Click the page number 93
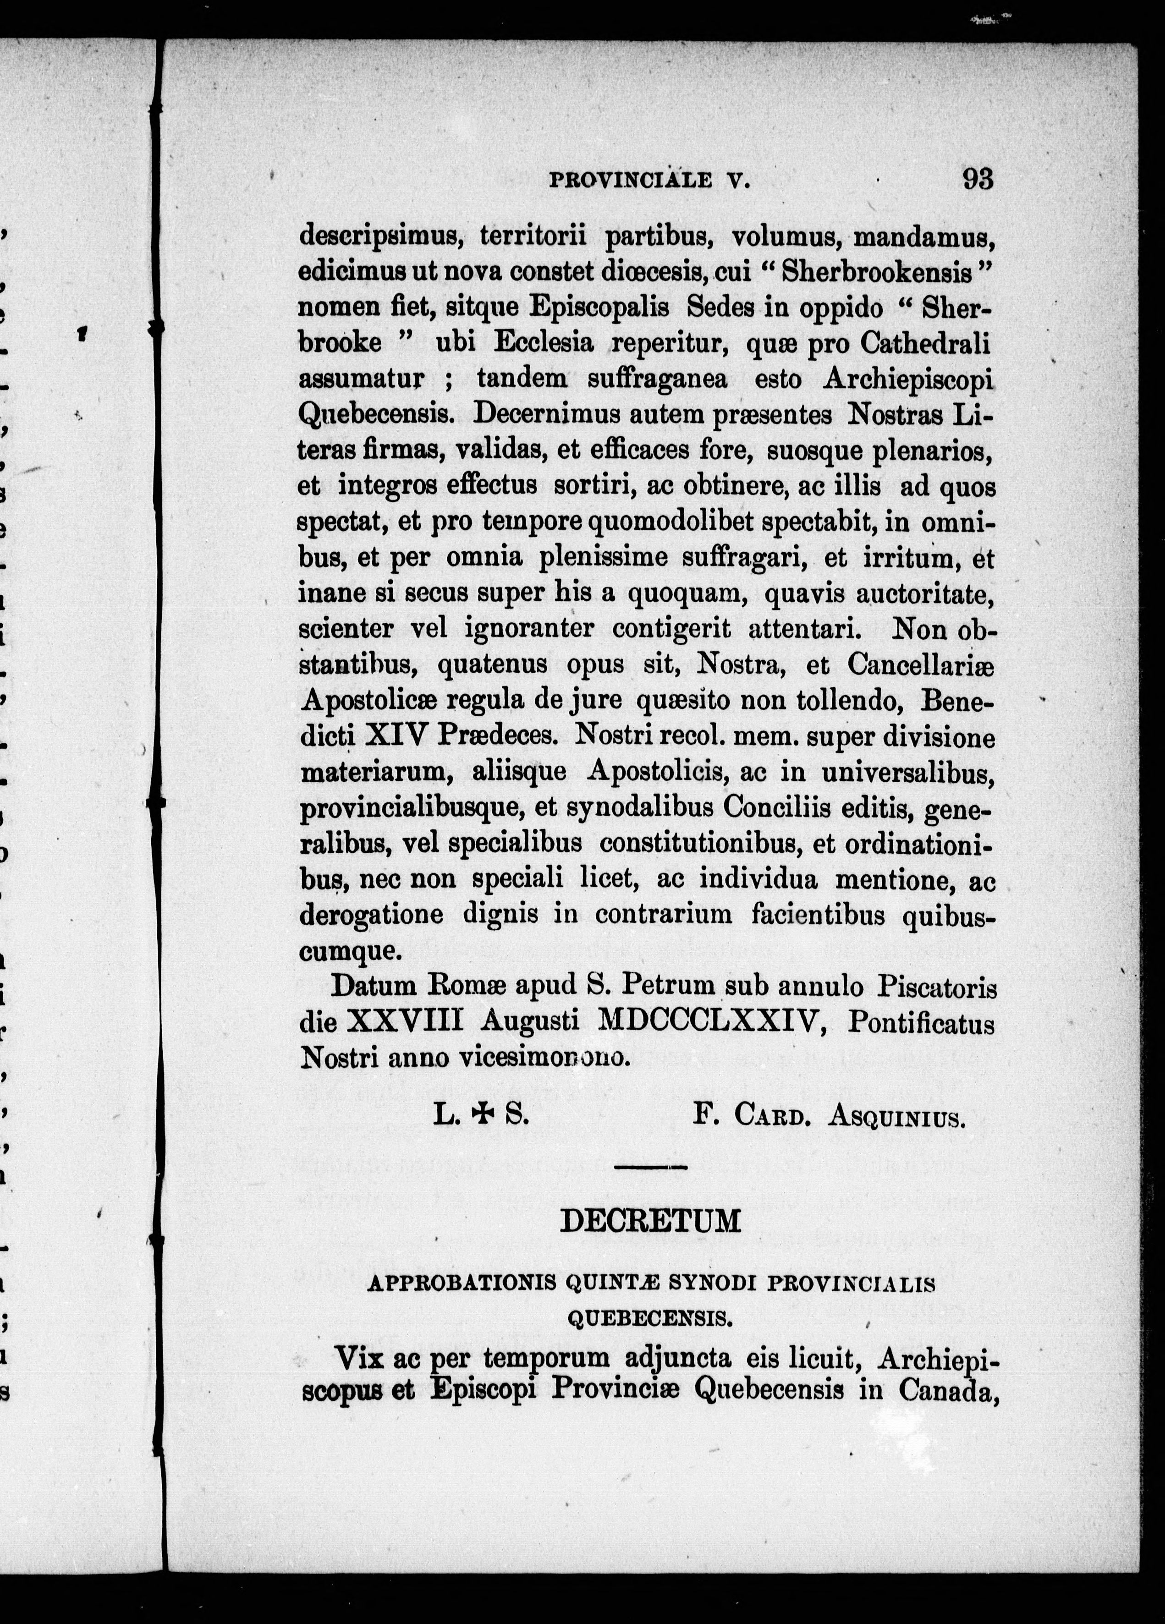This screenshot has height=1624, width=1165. click(x=978, y=178)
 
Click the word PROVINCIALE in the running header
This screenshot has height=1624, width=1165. click(x=630, y=181)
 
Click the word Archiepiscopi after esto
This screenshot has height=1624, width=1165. click(x=908, y=379)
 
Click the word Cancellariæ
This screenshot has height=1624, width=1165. click(x=921, y=665)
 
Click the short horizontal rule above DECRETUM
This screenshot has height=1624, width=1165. click(x=650, y=1168)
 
